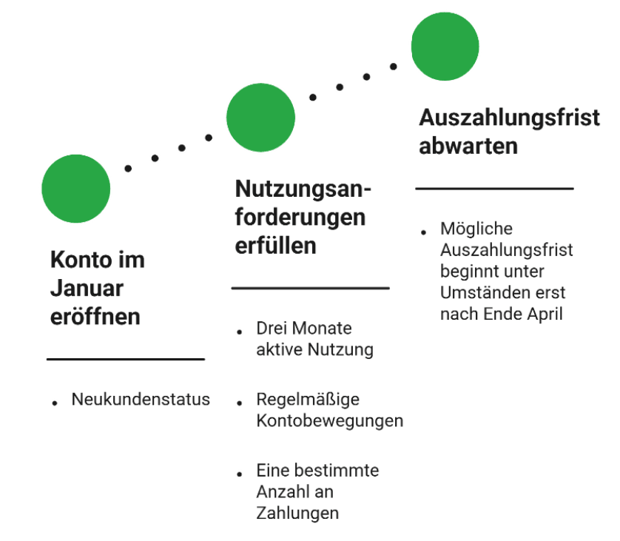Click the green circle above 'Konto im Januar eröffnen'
pos(76,189)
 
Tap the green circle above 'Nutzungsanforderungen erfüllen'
pos(260,118)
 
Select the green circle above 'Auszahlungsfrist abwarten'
pos(445,47)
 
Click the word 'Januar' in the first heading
pos(87,289)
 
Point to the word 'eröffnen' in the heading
pos(95,316)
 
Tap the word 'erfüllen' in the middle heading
pos(276,246)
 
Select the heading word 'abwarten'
pos(468,146)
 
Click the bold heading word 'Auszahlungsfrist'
pos(509,118)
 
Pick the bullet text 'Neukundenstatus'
pos(141,399)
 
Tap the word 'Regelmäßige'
pos(308,400)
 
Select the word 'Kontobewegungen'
pos(330,421)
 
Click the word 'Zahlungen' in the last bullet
pos(297,514)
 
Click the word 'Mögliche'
pos(476,229)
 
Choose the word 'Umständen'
pos(485,292)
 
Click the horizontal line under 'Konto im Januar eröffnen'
pos(126,359)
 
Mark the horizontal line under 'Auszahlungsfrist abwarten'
pos(494,189)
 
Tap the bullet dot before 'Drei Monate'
pos(239,332)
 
